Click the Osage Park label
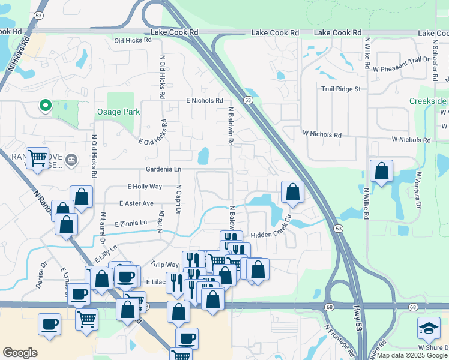coord(118,112)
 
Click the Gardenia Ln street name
coord(163,170)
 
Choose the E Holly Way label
coord(145,187)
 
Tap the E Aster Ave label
coord(136,203)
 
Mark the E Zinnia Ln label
coord(130,223)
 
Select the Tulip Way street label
coord(164,265)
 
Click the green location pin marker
coord(44,106)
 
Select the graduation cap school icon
coord(428,328)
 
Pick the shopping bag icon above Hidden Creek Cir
coord(292,192)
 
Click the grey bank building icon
coord(71,159)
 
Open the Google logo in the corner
coord(20,353)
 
